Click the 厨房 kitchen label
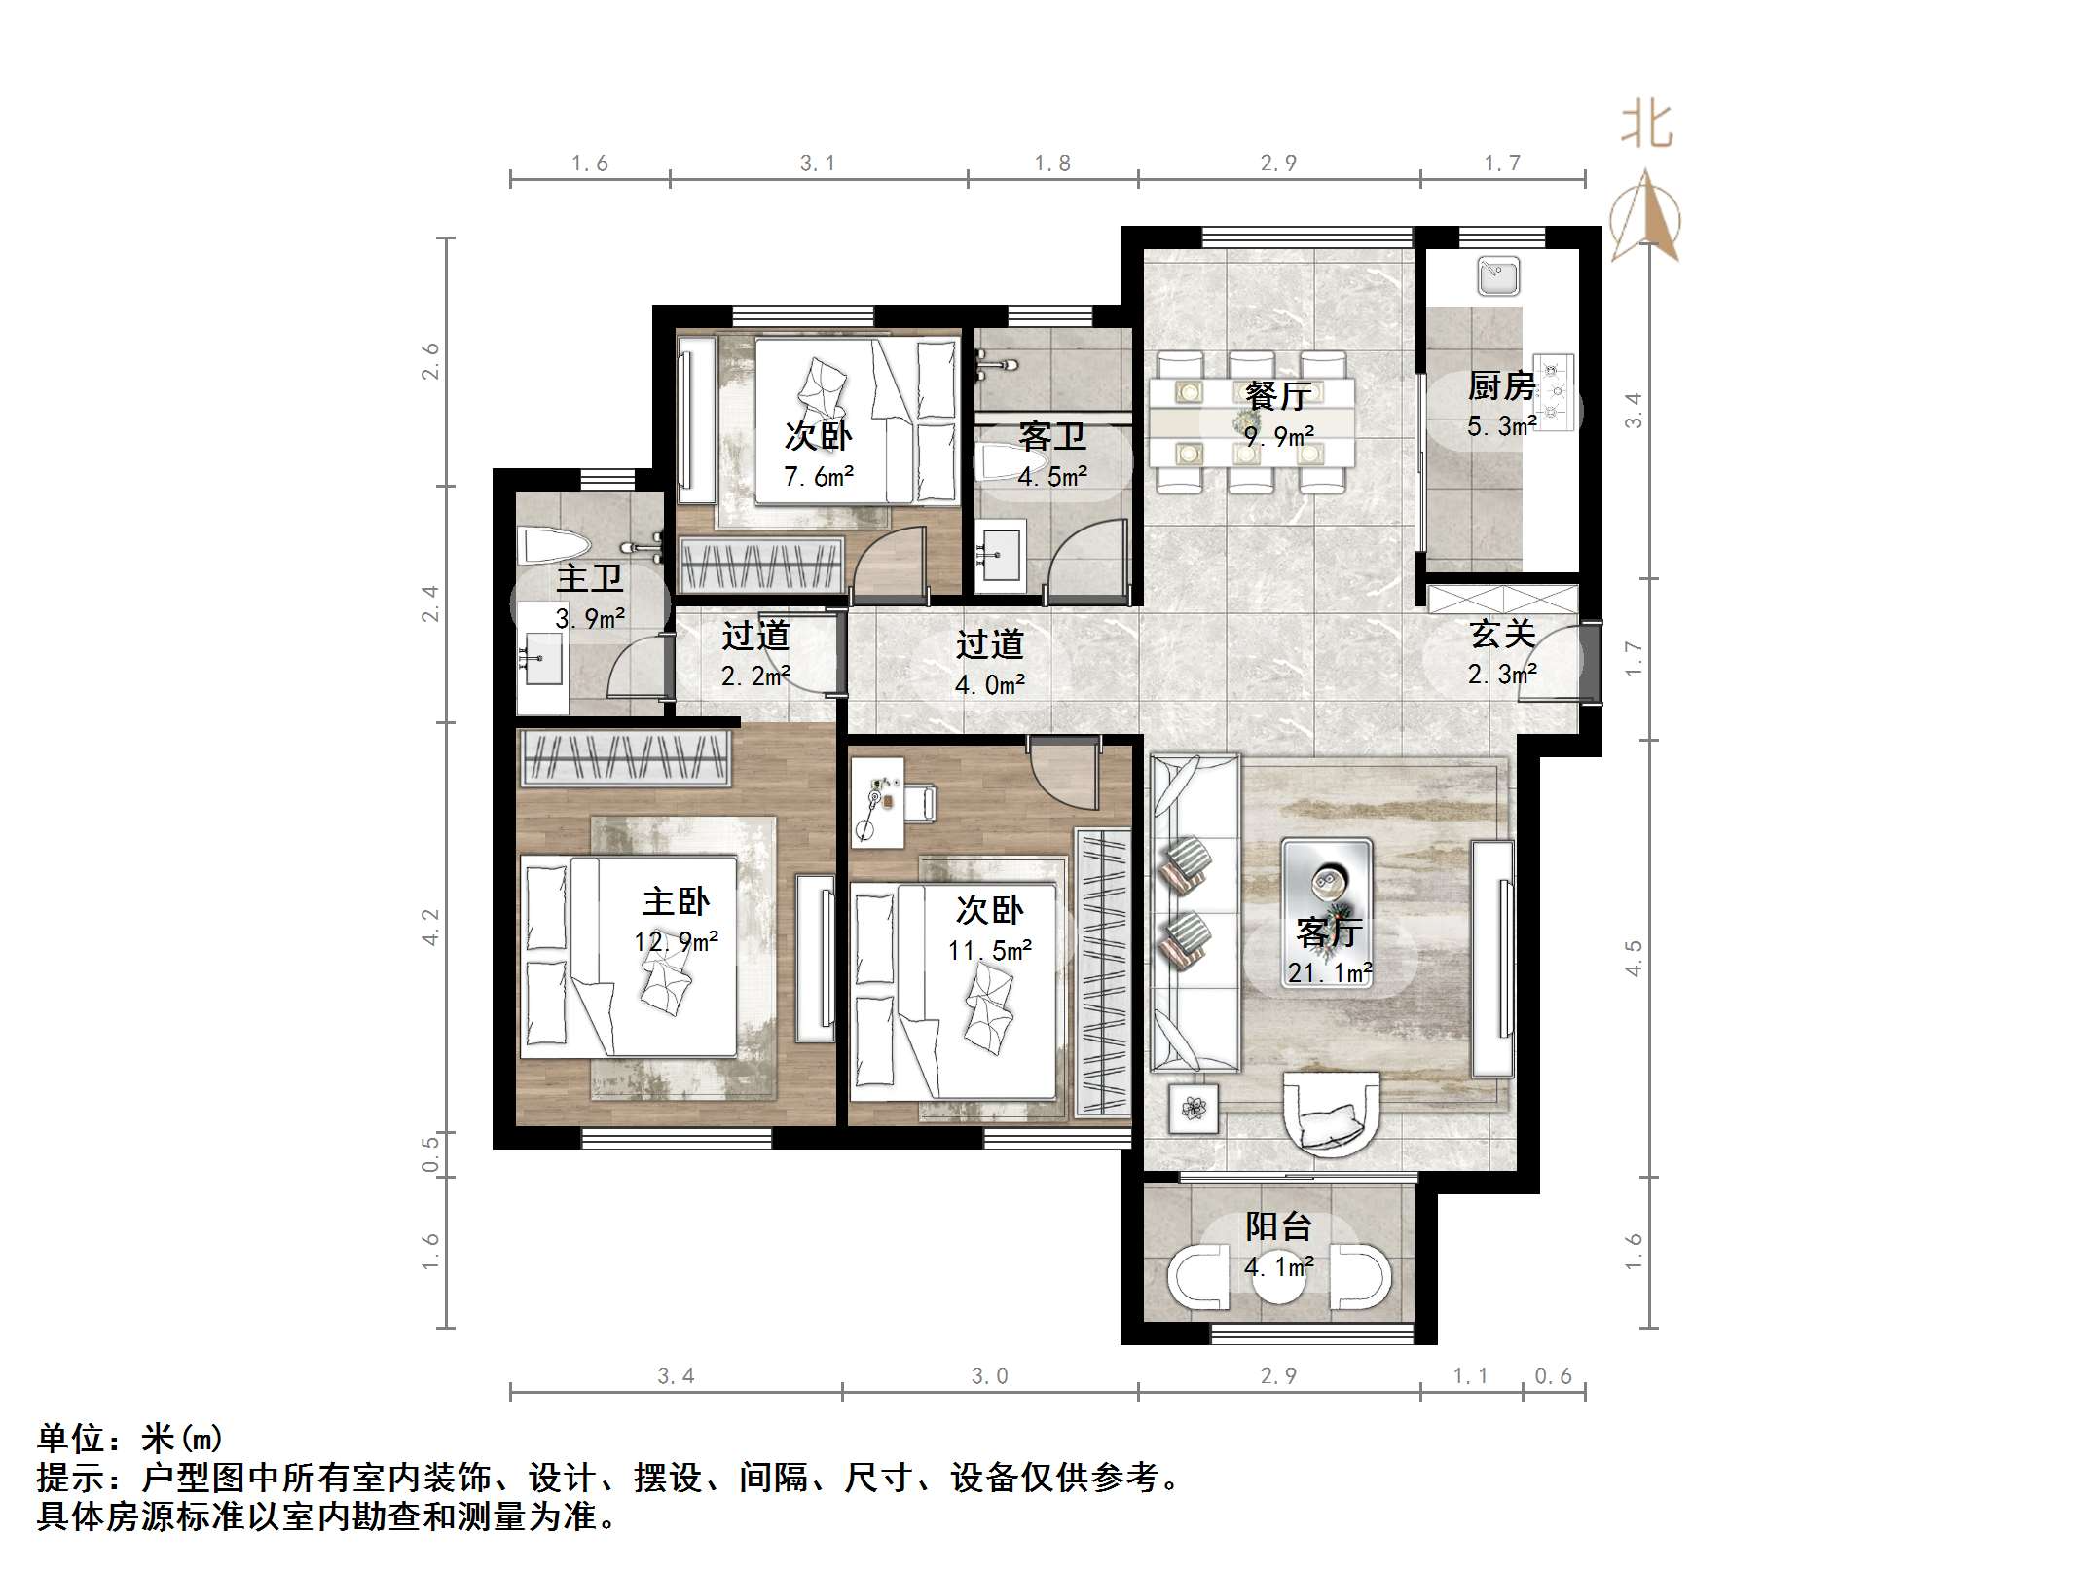(x=1501, y=386)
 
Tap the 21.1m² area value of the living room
(x=1330, y=972)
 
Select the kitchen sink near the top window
(x=1497, y=275)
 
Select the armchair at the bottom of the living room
(x=1331, y=1114)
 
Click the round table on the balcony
(x=1278, y=1283)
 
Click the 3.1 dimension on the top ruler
(x=818, y=164)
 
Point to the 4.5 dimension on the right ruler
(x=1634, y=958)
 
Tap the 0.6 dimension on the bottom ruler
(x=1553, y=1375)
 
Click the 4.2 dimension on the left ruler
(x=430, y=926)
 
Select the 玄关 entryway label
(x=1502, y=634)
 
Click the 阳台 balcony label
(x=1278, y=1226)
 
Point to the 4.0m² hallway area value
(x=989, y=685)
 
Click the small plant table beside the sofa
(x=1195, y=1108)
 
